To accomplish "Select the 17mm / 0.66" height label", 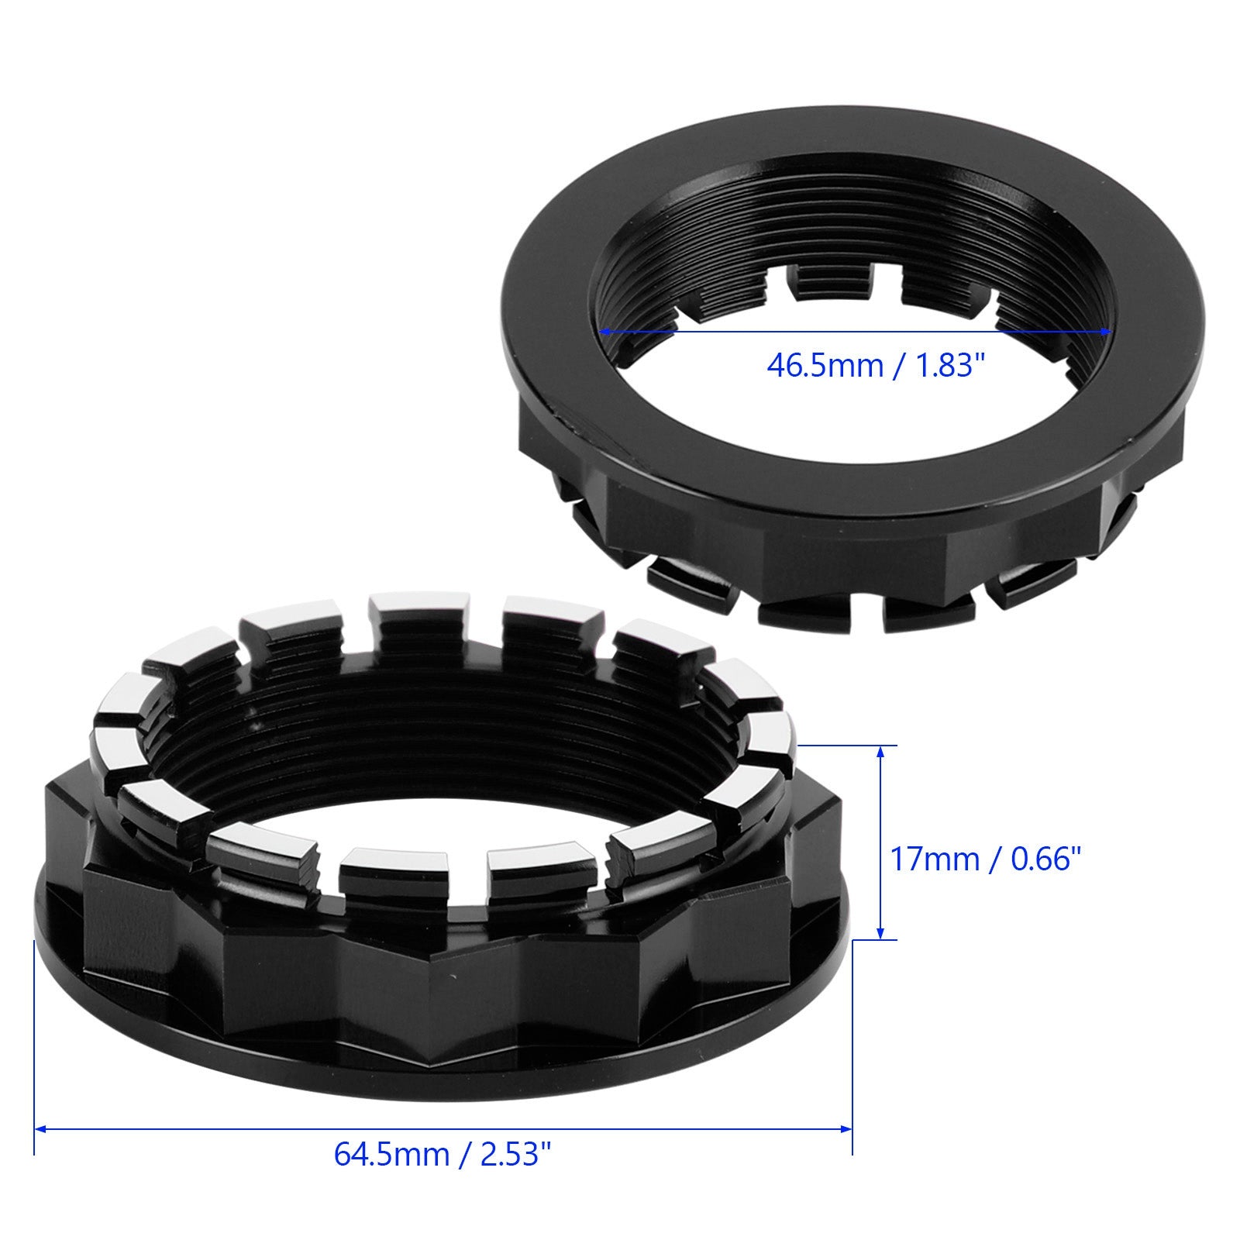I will tap(983, 859).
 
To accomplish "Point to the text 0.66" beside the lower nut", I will tap(1038, 859).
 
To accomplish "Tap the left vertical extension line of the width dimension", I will tap(35, 1046).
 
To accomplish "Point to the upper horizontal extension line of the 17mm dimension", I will tap(845, 746).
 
